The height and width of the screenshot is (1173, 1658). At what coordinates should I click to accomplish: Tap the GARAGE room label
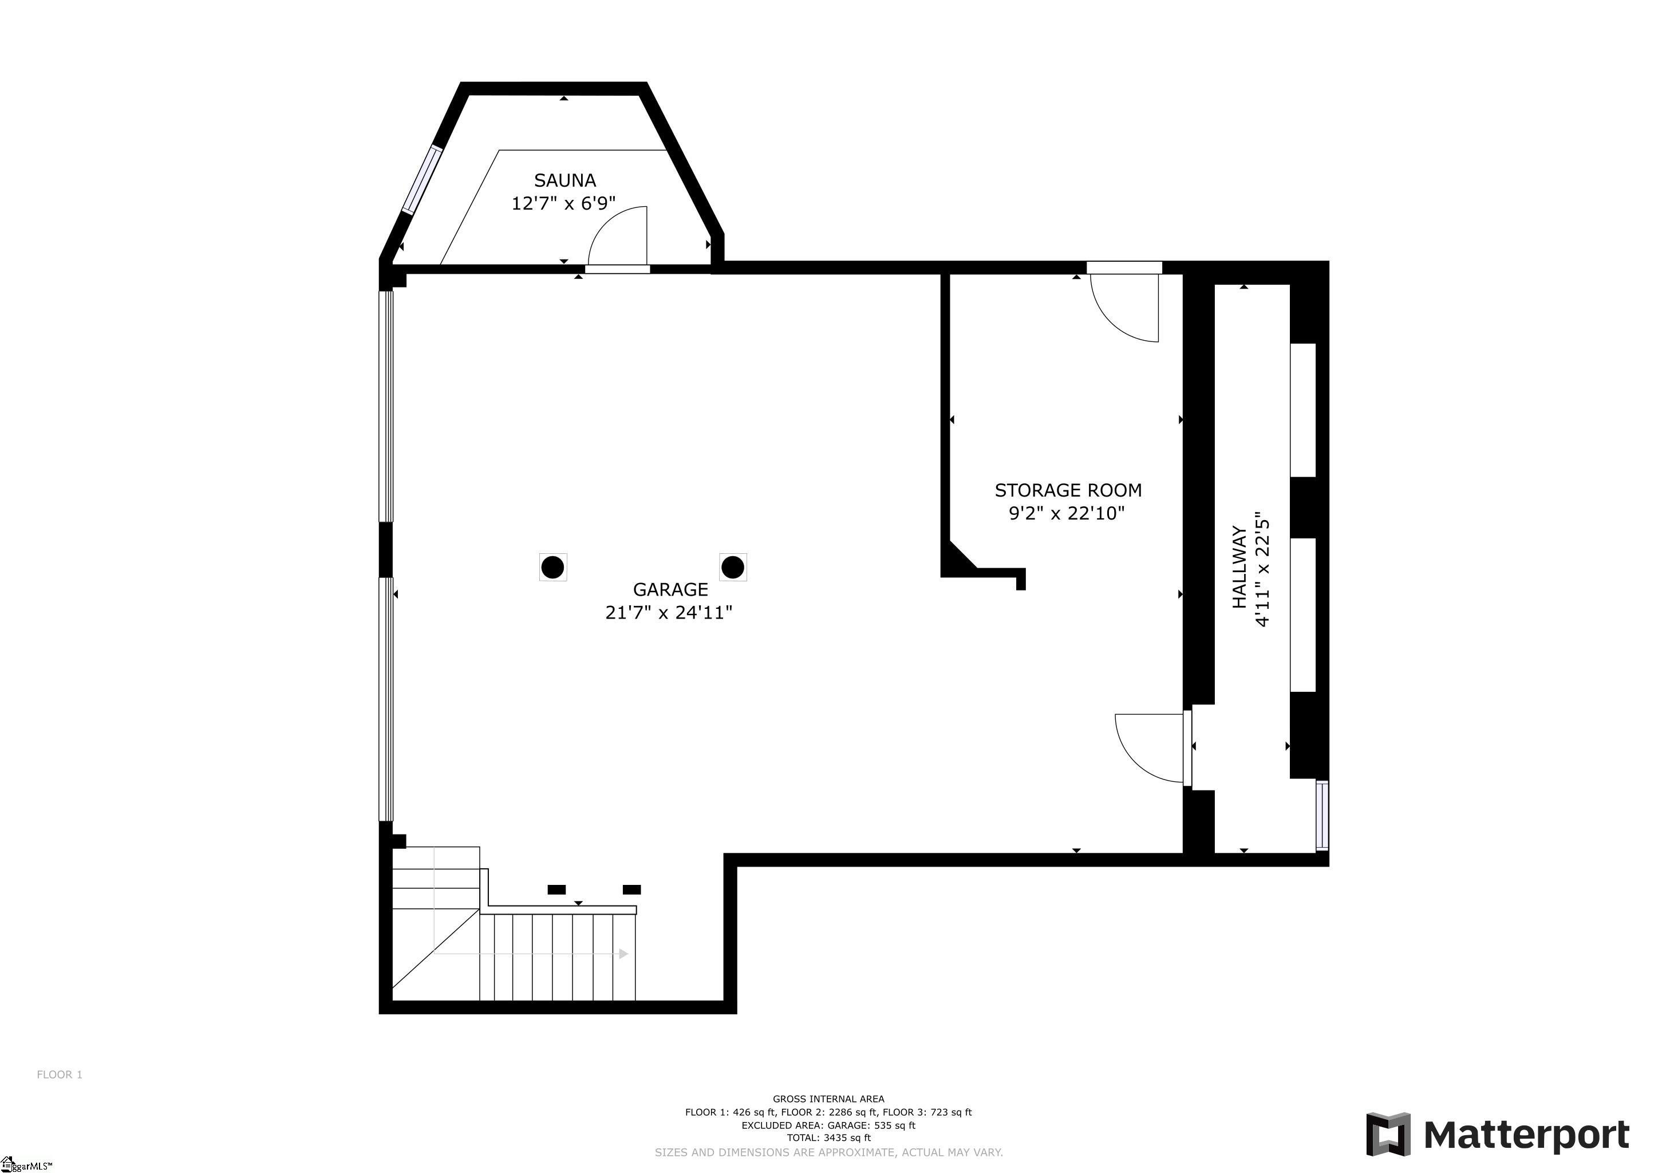click(670, 589)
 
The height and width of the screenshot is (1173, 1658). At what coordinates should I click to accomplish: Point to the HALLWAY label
click(1239, 568)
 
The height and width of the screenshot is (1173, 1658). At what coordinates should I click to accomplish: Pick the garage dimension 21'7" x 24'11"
click(669, 612)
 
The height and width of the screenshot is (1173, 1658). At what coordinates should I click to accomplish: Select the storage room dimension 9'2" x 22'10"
click(1067, 514)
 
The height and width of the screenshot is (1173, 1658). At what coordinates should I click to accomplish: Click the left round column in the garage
click(552, 567)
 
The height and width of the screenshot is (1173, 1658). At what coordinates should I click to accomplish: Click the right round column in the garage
click(732, 567)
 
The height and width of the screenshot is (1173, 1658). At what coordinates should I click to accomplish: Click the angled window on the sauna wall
click(422, 180)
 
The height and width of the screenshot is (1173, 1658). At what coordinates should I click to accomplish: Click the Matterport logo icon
click(1388, 1134)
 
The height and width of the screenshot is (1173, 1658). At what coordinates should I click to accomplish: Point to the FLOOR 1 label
click(60, 1074)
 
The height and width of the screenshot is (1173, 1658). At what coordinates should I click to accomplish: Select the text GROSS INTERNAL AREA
click(828, 1099)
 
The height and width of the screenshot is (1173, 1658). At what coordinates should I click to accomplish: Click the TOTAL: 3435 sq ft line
click(828, 1137)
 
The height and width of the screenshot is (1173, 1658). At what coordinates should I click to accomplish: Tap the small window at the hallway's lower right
click(1321, 816)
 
